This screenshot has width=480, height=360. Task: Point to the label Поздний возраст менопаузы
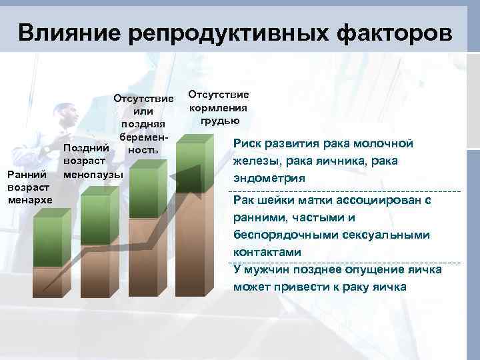93,161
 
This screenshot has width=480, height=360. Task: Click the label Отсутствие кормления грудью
218,107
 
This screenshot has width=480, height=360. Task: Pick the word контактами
267,252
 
